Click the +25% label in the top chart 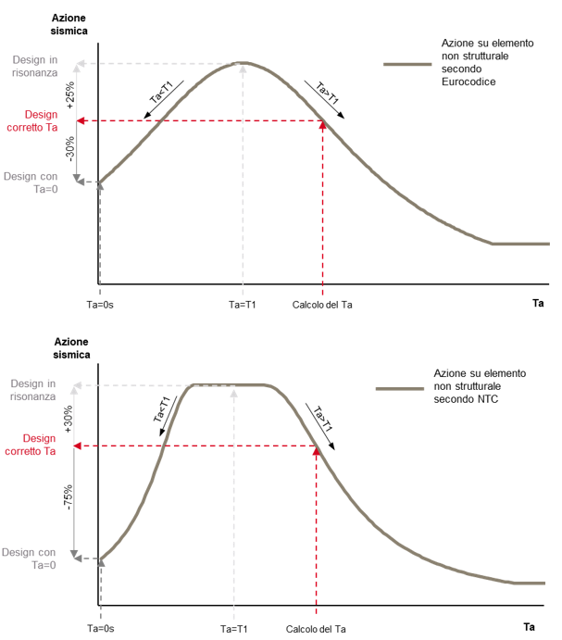(x=70, y=94)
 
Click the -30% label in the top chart (x=70, y=148)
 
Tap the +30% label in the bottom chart (x=69, y=419)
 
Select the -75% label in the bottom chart (x=68, y=497)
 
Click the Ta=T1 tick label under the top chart (x=242, y=305)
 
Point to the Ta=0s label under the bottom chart (x=100, y=629)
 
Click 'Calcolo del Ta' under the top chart (x=322, y=305)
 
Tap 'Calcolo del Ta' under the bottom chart (x=316, y=629)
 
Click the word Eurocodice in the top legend (x=468, y=82)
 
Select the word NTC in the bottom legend (x=488, y=399)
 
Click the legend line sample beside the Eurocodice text (x=407, y=64)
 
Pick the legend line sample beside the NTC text (x=400, y=389)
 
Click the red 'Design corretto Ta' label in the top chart (x=32, y=120)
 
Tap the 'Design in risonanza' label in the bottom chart (x=33, y=390)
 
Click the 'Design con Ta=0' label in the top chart (x=31, y=182)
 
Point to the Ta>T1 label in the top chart (x=328, y=93)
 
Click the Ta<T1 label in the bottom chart (x=162, y=409)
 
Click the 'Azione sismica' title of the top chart (x=69, y=24)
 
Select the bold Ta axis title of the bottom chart (x=529, y=626)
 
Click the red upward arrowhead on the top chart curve (x=322, y=124)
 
